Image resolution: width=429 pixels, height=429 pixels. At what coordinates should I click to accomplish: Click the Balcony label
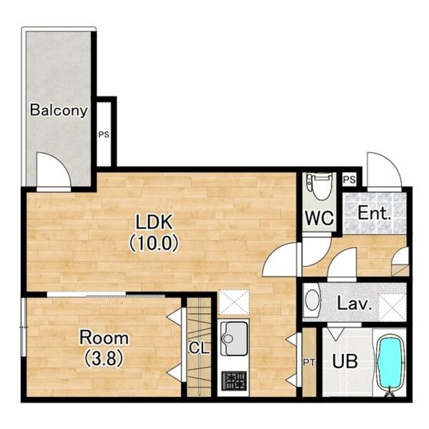[x=59, y=110]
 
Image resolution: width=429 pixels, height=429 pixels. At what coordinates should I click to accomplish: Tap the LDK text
[x=155, y=222]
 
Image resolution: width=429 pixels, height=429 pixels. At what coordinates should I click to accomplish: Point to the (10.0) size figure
[x=154, y=243]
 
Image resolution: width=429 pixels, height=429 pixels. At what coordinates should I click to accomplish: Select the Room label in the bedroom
[x=104, y=338]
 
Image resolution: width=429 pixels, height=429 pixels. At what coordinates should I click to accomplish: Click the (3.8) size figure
[x=104, y=359]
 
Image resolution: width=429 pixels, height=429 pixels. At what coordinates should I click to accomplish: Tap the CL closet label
[x=199, y=349]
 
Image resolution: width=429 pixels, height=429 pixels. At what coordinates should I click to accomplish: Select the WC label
[x=320, y=218]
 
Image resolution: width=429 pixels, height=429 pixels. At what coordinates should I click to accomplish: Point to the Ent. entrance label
[x=374, y=213]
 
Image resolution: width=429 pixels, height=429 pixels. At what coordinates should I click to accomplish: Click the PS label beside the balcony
[x=104, y=135]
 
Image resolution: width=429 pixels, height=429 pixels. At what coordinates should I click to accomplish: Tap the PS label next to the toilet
[x=349, y=180]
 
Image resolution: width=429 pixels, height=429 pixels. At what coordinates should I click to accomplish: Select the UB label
[x=345, y=361]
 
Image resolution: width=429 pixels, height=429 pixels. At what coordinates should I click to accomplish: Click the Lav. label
[x=355, y=304]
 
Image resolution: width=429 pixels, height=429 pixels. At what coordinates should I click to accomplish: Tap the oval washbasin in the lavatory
[x=313, y=300]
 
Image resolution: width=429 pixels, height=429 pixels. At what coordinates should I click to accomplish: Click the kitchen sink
[x=234, y=339]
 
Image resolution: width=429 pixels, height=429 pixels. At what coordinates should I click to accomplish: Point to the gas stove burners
[x=234, y=381]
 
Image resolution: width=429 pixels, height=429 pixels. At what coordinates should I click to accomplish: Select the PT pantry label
[x=309, y=363]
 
